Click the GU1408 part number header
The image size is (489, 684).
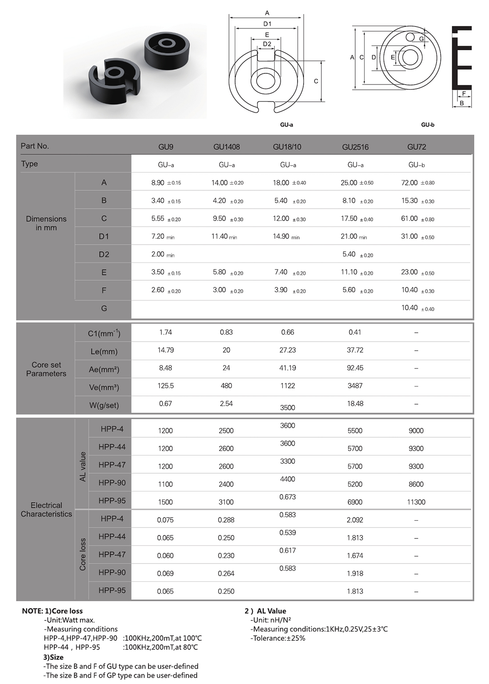(226, 147)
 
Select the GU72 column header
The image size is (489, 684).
(417, 147)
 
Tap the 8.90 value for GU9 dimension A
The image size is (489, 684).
(158, 183)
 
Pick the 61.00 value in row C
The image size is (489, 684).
(409, 218)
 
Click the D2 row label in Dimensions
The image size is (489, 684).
(104, 254)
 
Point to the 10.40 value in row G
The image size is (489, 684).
(409, 308)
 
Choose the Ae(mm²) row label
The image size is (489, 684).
(104, 369)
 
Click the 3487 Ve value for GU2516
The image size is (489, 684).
(355, 386)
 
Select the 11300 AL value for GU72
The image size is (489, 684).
(416, 502)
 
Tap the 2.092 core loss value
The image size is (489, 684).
(355, 519)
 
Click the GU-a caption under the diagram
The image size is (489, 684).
(286, 125)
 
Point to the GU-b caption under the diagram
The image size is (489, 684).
(428, 125)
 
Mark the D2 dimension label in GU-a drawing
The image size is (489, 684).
(267, 44)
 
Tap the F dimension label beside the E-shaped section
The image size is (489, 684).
(464, 93)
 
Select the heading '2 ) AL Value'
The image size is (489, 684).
(265, 611)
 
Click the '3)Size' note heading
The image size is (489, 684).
(53, 657)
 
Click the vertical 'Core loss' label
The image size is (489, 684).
(83, 555)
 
